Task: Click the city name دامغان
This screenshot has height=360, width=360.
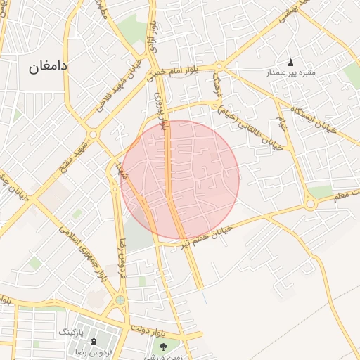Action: coord(48,67)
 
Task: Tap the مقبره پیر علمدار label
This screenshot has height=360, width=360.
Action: coord(290,73)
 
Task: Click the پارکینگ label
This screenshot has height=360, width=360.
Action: coord(89,330)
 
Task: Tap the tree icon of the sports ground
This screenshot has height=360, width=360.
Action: coord(165,346)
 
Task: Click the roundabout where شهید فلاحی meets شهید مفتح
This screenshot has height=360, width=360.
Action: coord(93,134)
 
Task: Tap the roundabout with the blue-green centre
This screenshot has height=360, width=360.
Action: coord(120,300)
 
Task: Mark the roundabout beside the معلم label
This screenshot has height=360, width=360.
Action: coord(310,205)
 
